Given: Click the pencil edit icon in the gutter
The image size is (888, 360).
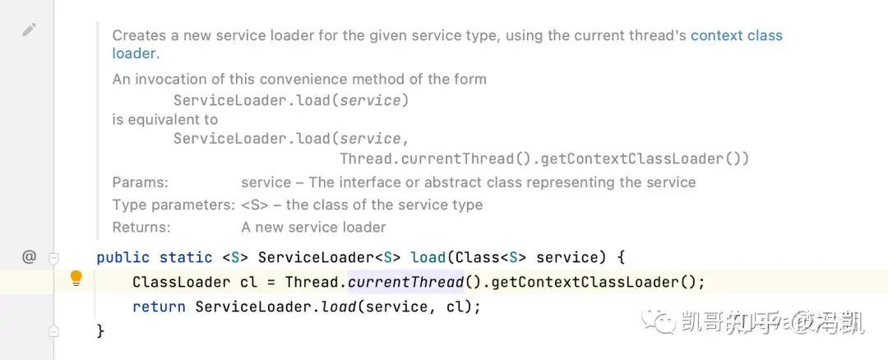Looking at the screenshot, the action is click(x=30, y=30).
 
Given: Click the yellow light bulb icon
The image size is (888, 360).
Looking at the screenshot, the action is click(x=76, y=278).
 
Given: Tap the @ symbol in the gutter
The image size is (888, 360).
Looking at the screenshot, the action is click(x=30, y=256).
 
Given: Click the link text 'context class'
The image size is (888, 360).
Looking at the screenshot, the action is click(x=736, y=35).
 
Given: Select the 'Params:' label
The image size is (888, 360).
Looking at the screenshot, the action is click(x=140, y=182).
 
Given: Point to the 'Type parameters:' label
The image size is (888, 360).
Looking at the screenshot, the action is click(x=173, y=205).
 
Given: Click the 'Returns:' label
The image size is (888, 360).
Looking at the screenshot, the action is click(x=141, y=227).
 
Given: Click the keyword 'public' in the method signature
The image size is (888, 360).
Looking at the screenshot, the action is click(x=123, y=257).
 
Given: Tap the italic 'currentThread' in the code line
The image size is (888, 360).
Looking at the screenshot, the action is click(x=405, y=282).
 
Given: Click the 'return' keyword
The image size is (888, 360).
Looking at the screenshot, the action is click(x=159, y=307).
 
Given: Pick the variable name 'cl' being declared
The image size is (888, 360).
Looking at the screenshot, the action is click(x=248, y=282).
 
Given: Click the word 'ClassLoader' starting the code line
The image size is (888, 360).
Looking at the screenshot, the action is click(x=182, y=282).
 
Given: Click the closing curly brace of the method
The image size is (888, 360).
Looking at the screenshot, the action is click(x=101, y=331).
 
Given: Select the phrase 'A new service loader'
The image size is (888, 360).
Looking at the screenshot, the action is click(x=313, y=227).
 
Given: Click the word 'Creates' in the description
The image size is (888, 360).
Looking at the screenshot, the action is click(x=139, y=35).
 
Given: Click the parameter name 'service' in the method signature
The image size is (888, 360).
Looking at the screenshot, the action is click(x=572, y=257).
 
